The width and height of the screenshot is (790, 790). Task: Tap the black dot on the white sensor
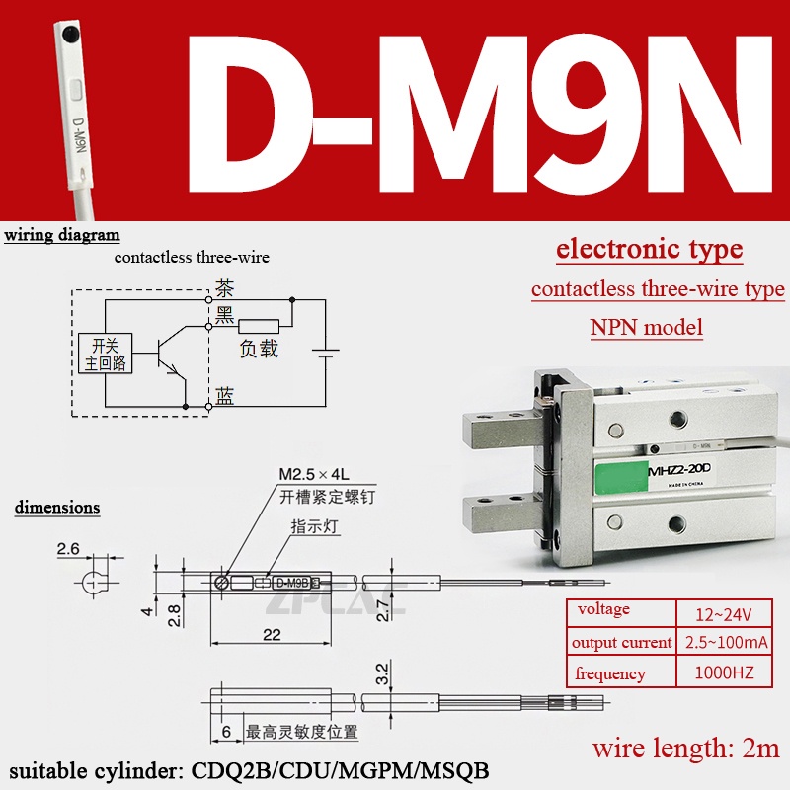[70, 34]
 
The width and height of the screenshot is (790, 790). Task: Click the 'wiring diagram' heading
[62, 236]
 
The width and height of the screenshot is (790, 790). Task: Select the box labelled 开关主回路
[104, 355]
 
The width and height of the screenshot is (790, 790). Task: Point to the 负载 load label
[260, 349]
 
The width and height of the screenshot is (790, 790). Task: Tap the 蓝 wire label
[225, 397]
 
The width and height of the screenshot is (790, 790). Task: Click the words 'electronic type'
[649, 249]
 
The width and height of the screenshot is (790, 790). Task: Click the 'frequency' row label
[610, 674]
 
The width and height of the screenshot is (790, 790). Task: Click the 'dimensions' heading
[57, 508]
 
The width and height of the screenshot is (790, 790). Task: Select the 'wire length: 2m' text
[687, 748]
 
